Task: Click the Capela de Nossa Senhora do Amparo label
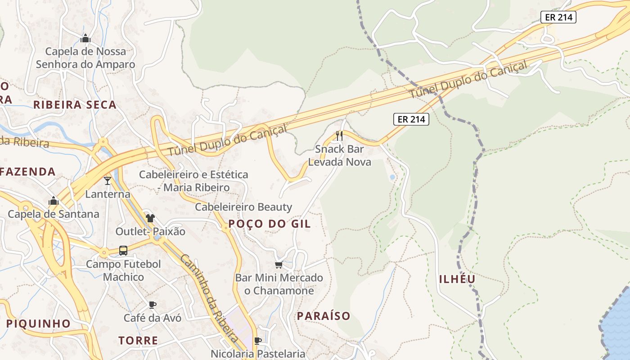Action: (85, 58)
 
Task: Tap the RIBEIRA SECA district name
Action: (75, 105)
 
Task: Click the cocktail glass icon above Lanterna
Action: (107, 181)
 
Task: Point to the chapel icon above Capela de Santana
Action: (54, 201)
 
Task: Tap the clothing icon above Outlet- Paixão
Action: (150, 218)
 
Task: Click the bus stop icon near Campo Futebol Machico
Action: (123, 251)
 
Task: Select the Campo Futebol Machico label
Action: (123, 270)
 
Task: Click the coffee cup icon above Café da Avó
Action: (153, 305)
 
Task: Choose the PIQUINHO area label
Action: (38, 324)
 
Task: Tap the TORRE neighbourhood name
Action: (138, 340)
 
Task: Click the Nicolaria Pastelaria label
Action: (258, 354)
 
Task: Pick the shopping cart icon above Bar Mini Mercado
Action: (279, 265)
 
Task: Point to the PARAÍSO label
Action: (324, 316)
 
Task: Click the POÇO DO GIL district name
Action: (269, 224)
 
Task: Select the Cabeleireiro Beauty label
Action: (243, 207)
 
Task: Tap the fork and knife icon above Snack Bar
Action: (339, 135)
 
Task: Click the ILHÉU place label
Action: (457, 279)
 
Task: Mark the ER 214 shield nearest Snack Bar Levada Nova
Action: (411, 119)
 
